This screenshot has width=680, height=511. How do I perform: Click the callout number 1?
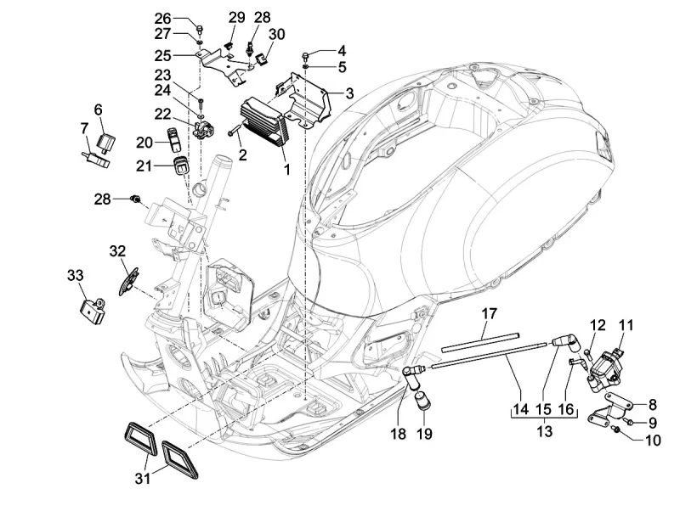click(x=286, y=170)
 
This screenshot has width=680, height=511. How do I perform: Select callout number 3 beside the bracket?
click(x=349, y=93)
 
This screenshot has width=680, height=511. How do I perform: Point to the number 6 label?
click(x=98, y=109)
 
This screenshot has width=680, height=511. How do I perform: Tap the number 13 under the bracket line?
click(x=544, y=432)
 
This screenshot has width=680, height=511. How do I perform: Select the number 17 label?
click(x=489, y=314)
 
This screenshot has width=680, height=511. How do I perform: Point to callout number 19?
click(x=425, y=435)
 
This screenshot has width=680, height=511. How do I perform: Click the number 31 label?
click(x=142, y=480)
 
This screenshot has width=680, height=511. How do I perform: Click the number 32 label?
click(x=117, y=250)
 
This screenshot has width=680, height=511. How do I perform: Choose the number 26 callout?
click(x=162, y=18)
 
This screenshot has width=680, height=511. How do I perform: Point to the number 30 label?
click(x=276, y=34)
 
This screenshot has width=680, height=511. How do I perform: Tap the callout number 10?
click(x=653, y=440)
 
